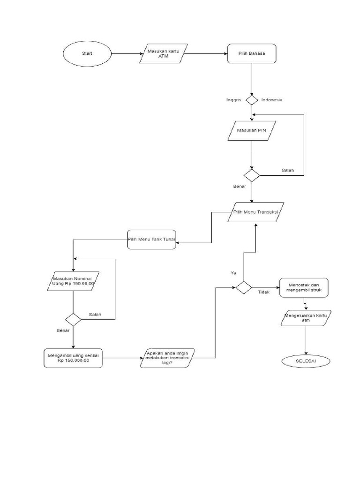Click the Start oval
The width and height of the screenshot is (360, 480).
point(88,53)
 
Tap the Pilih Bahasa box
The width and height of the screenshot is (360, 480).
point(252,53)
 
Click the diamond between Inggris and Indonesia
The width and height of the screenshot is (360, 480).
point(252,100)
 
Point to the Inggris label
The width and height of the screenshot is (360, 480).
point(233,100)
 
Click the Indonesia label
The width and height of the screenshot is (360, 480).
point(272,100)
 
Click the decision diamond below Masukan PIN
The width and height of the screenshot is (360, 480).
point(252,176)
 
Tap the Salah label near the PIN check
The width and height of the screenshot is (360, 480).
point(287,170)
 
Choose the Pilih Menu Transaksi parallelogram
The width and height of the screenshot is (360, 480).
point(256,212)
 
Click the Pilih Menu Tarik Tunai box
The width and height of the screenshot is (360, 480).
point(151,239)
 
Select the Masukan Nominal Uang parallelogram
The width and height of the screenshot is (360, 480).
point(73,281)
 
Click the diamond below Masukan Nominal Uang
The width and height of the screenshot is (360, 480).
point(73,320)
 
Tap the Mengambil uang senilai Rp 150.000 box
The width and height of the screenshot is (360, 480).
point(73,358)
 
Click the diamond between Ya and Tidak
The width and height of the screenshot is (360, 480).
point(243,287)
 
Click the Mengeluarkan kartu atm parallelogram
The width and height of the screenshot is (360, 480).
point(306,318)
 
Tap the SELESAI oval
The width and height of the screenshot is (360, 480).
point(306,361)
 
